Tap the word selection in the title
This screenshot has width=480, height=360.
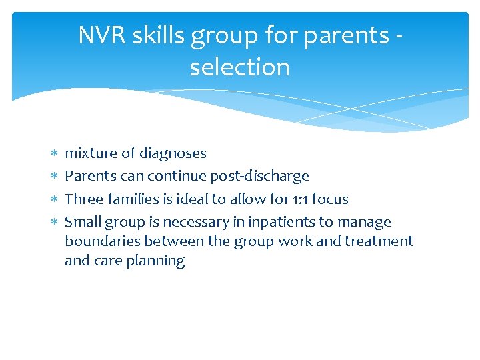pyautogui.click(x=239, y=67)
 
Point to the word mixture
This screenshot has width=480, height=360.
pyautogui.click(x=91, y=153)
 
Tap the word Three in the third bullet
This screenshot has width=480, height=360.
pyautogui.click(x=83, y=199)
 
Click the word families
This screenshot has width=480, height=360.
pyautogui.click(x=132, y=199)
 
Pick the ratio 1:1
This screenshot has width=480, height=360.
pyautogui.click(x=299, y=199)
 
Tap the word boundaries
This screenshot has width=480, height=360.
pyautogui.click(x=102, y=241)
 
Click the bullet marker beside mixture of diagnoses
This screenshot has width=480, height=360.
pyautogui.click(x=52, y=154)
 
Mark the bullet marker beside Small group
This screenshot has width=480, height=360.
pyautogui.click(x=52, y=223)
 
